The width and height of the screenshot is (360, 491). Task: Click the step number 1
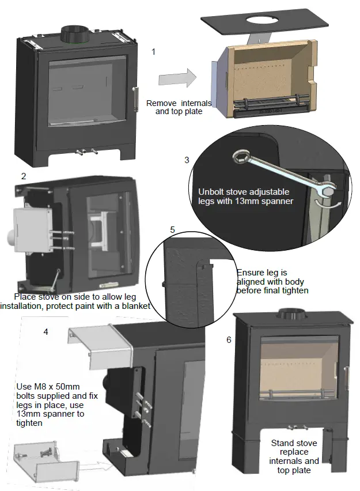[153, 52]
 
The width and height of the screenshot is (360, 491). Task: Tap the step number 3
[187, 160]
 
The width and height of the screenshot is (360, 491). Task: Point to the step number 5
[172, 229]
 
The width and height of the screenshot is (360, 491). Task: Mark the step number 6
[229, 340]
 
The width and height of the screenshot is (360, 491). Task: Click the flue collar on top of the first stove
[74, 31]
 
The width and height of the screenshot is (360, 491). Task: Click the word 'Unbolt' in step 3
[212, 192]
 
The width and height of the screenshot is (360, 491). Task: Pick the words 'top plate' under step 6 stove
[294, 470]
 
